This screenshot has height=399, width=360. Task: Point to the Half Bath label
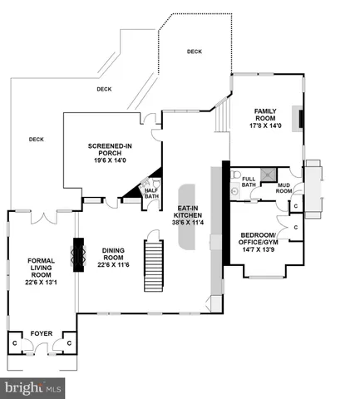pyautogui.click(x=151, y=192)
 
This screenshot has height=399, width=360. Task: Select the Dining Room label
pyautogui.click(x=117, y=256)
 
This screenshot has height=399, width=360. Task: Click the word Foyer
pyautogui.click(x=42, y=335)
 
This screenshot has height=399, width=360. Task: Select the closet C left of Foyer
pyautogui.click(x=14, y=342)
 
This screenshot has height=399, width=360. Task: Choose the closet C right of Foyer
pyautogui.click(x=69, y=342)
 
